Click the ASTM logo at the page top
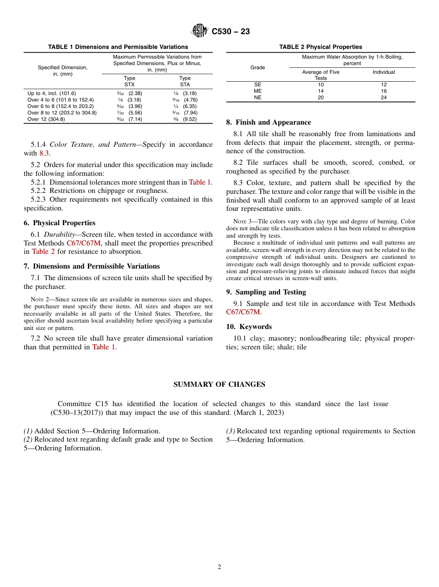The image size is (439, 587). [x=200, y=31]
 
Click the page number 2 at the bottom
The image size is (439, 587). [x=219, y=567]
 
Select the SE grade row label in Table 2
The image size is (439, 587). [x=257, y=84]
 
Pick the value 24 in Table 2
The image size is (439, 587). [x=384, y=97]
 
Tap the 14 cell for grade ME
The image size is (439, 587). [x=321, y=91]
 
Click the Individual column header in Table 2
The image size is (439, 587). [x=384, y=72]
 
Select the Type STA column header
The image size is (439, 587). [x=185, y=81]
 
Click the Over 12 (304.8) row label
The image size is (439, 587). [x=46, y=119]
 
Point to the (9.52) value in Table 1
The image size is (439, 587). [x=189, y=119]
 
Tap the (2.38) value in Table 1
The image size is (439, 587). [x=135, y=93]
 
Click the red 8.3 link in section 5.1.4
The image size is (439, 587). [x=44, y=153]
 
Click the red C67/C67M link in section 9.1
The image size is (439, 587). [x=243, y=312]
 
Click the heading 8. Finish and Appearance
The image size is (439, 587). [x=268, y=122]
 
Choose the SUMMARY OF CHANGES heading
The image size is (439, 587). [x=219, y=384]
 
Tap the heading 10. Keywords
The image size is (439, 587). [x=249, y=327]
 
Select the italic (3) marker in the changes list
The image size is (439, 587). [x=230, y=431]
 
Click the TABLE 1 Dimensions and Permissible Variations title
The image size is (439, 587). [x=118, y=47]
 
